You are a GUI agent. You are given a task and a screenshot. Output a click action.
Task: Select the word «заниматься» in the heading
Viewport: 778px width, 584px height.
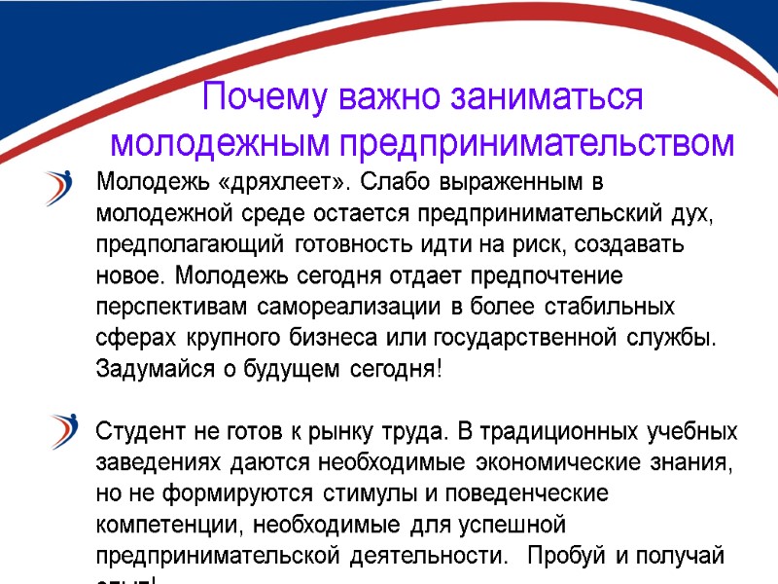(548, 98)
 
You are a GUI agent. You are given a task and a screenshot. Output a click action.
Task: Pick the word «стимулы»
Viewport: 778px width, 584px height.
(361, 493)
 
